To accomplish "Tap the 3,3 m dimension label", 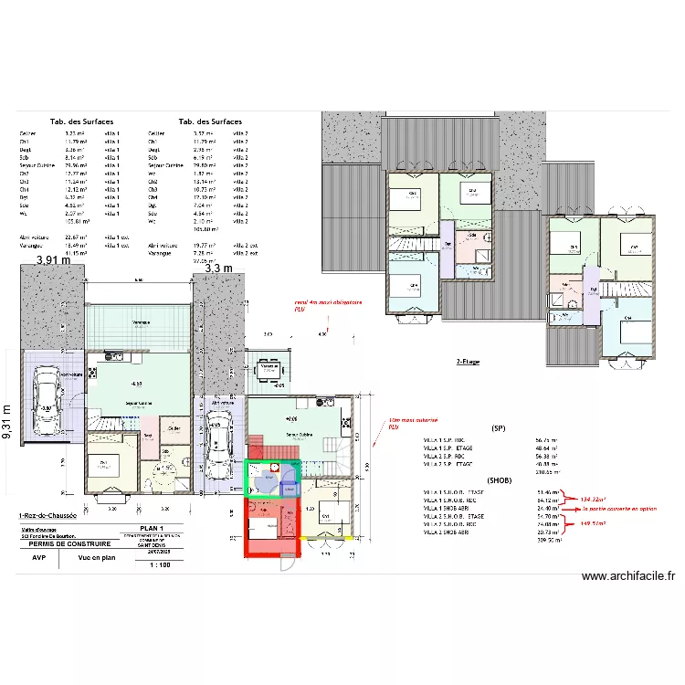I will click(219, 268).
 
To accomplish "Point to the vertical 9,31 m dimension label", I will click(7, 422).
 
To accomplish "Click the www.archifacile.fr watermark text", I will click(627, 575).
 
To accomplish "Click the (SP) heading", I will click(499, 427).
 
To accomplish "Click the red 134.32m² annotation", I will click(593, 500).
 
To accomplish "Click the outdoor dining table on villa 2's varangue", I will click(268, 369).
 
